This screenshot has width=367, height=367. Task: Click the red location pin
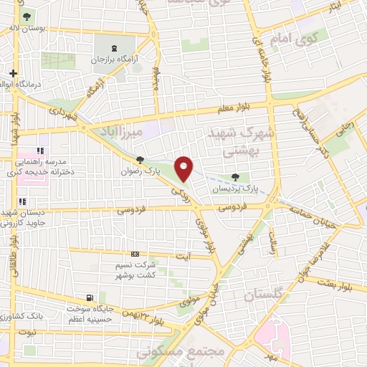(184, 168)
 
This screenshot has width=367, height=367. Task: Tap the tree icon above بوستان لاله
(27, 16)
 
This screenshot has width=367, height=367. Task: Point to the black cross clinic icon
(13, 73)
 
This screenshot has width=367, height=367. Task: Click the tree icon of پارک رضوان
(140, 161)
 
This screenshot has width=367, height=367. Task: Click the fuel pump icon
(89, 297)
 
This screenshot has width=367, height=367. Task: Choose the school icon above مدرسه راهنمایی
(40, 151)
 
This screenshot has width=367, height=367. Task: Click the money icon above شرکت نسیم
(135, 254)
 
